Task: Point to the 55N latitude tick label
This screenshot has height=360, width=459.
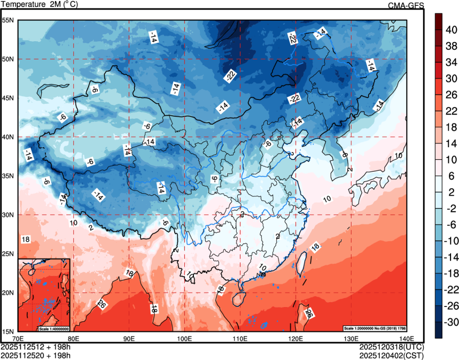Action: [8, 20]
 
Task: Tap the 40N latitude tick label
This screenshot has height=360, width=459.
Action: [8, 137]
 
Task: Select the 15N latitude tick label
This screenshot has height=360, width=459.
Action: [8, 332]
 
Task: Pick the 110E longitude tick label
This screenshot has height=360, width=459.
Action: [239, 339]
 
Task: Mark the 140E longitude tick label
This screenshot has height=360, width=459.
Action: [406, 339]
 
